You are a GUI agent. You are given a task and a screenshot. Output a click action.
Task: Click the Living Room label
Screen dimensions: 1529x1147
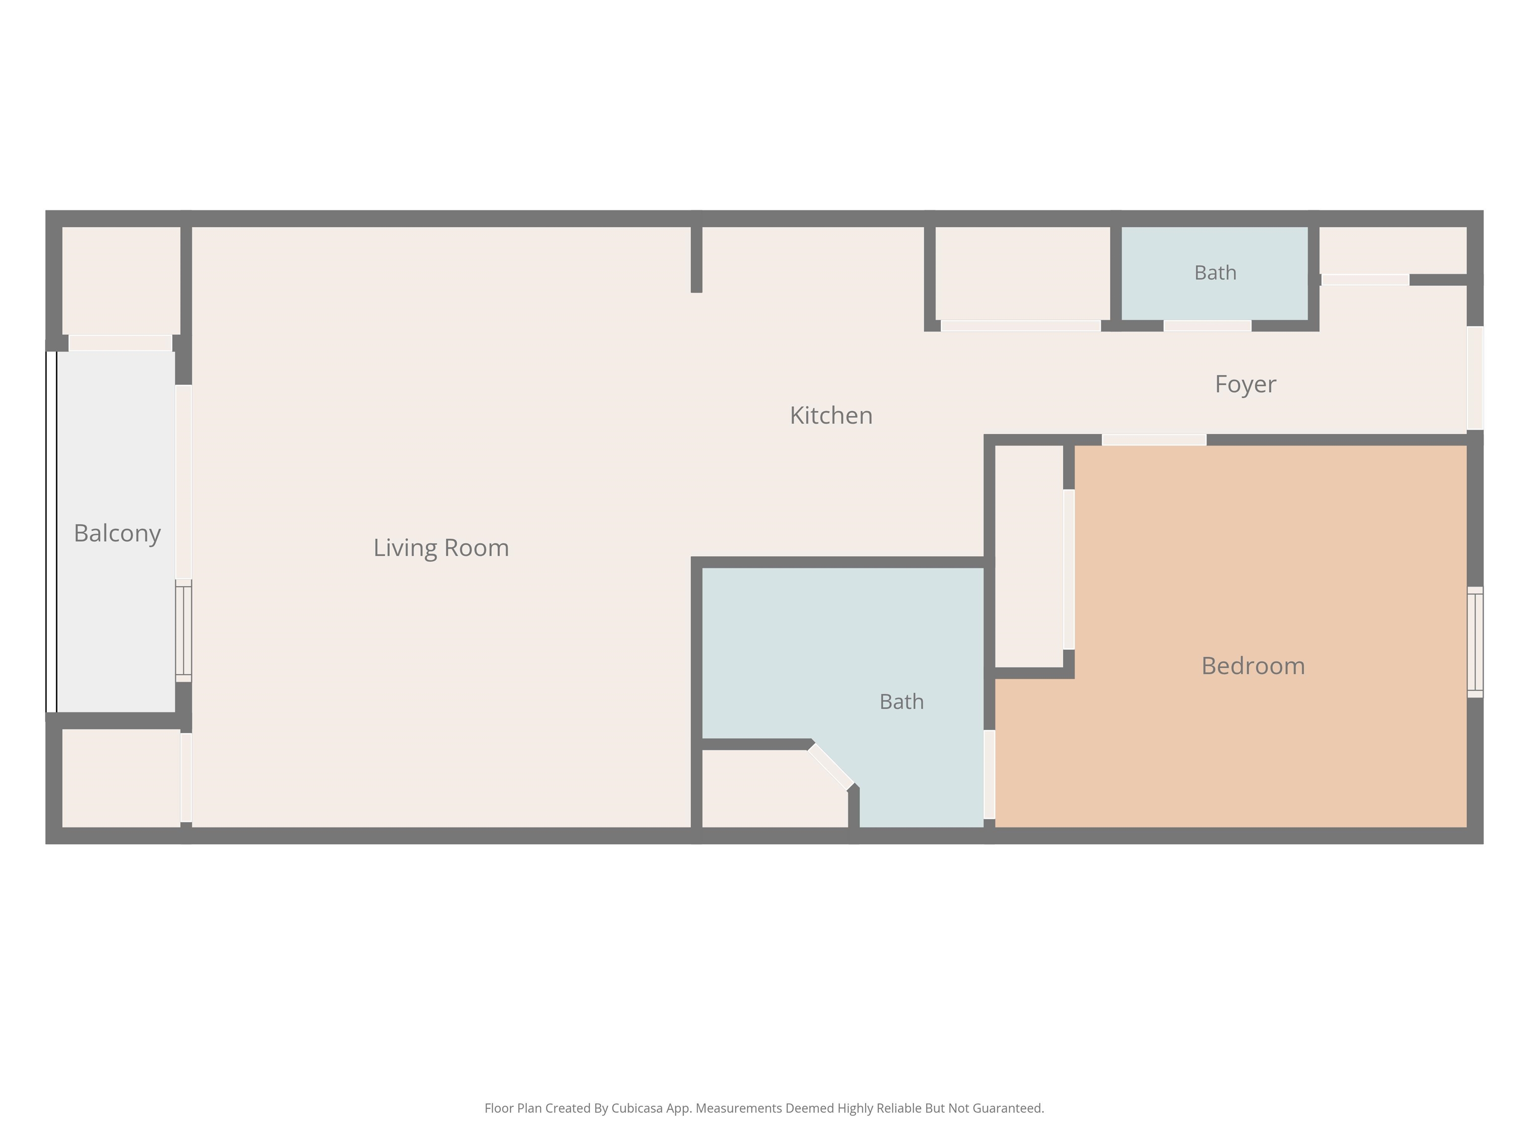(441, 548)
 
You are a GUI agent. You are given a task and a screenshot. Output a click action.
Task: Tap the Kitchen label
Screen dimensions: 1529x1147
(831, 416)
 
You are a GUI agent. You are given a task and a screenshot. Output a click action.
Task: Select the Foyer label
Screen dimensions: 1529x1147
(1246, 384)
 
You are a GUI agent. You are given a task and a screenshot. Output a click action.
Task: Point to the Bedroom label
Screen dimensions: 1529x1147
(1253, 666)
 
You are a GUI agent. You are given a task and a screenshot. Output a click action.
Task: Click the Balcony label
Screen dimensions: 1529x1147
(117, 533)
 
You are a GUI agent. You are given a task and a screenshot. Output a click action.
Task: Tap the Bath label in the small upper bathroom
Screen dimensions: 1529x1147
(1215, 272)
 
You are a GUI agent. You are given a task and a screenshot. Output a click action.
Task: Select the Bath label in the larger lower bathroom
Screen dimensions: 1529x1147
(901, 702)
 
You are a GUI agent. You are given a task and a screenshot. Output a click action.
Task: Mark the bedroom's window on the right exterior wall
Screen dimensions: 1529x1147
(1475, 642)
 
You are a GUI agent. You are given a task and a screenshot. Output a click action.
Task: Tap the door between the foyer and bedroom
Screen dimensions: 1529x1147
(1154, 440)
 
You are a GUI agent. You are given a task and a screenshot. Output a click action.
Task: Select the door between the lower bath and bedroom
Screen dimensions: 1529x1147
(989, 774)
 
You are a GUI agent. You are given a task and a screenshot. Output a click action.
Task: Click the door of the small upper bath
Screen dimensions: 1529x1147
(1207, 326)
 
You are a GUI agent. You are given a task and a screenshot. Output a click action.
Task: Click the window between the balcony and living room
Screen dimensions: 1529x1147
(183, 631)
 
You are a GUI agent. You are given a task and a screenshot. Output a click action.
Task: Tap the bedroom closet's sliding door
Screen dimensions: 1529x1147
(1069, 569)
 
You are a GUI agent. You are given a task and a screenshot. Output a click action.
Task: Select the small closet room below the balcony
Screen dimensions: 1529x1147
(121, 778)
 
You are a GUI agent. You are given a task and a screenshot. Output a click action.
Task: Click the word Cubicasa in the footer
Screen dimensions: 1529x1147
(637, 1108)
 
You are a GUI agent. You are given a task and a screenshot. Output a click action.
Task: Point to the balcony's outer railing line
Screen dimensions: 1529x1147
(51, 531)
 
